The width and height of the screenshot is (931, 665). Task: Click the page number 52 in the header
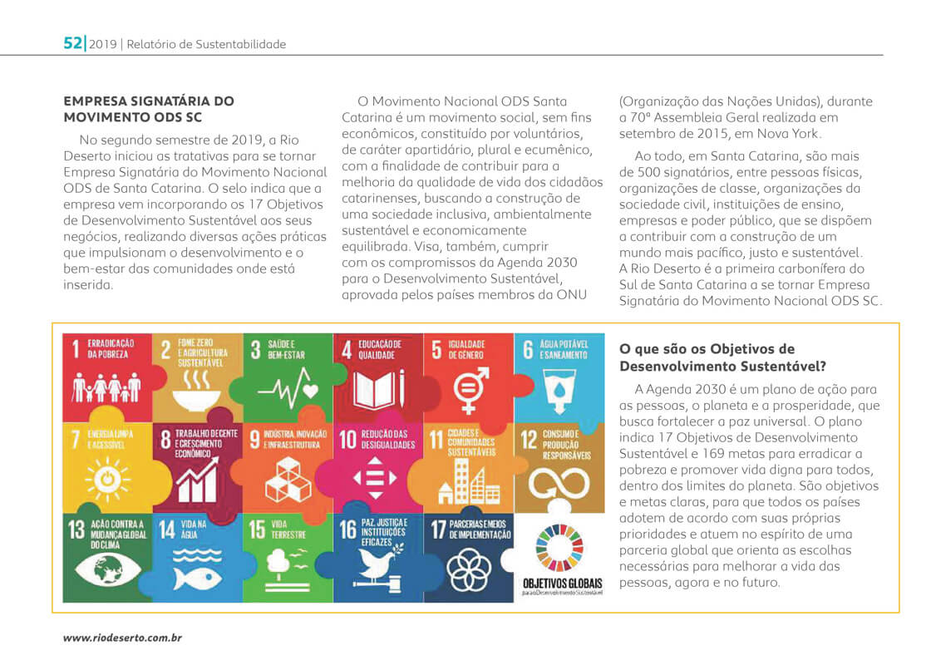(x=73, y=43)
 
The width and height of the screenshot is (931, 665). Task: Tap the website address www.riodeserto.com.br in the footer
(x=123, y=638)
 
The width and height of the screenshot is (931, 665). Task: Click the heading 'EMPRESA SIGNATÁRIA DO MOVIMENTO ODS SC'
(x=149, y=109)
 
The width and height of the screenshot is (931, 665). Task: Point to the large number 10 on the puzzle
(x=348, y=440)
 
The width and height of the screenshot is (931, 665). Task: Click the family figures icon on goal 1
(x=106, y=387)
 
